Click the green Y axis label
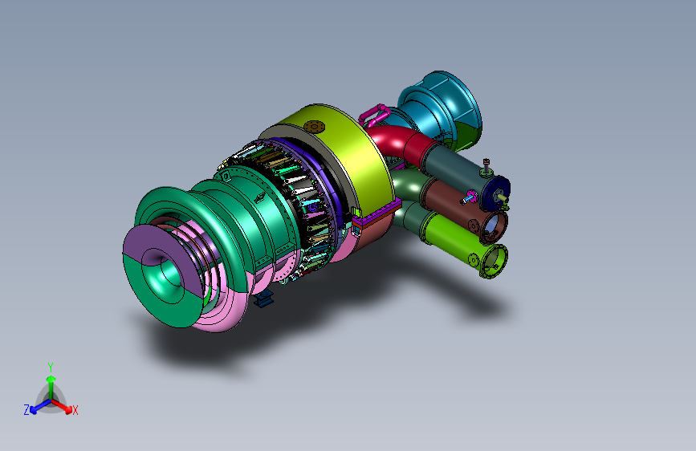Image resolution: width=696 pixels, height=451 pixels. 51,368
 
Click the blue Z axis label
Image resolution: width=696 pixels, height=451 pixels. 26,410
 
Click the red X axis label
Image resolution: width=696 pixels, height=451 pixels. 75,410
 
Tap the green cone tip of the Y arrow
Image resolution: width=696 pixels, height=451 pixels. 51,379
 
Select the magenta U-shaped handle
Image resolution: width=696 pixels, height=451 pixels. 374,115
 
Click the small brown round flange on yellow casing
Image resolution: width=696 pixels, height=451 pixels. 314,127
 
